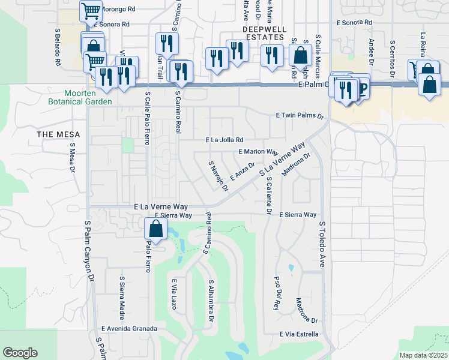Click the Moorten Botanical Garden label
tap(89, 97)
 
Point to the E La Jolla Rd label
tap(224, 140)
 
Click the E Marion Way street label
tap(258, 152)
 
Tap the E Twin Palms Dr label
tap(300, 115)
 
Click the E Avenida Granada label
tap(129, 329)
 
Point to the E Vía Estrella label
tap(298, 334)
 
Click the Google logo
tap(20, 353)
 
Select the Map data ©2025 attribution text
tap(423, 355)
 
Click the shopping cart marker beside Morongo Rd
tap(90, 10)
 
